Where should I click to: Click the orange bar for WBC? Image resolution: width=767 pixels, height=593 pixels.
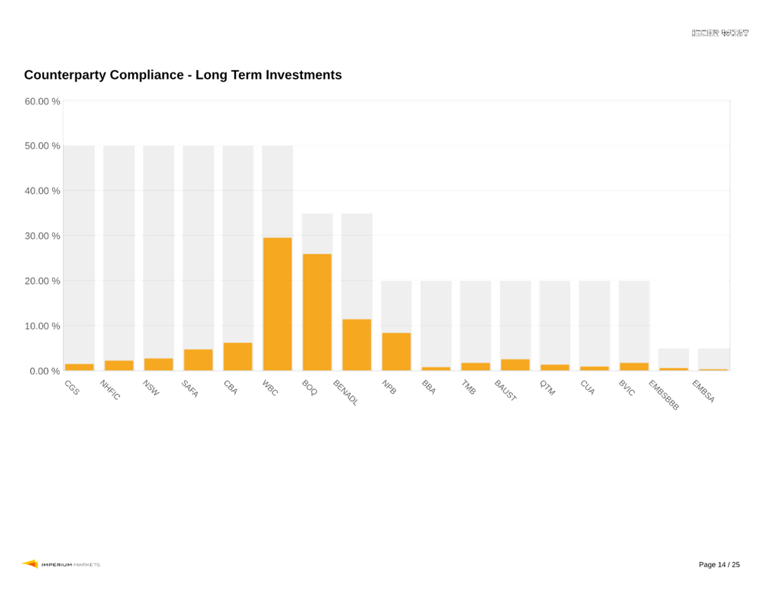[x=277, y=304]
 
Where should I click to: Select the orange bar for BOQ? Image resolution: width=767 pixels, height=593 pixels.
[x=317, y=312]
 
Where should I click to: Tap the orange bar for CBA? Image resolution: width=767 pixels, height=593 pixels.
[x=237, y=356]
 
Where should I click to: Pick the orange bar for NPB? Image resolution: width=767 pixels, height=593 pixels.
[x=396, y=351]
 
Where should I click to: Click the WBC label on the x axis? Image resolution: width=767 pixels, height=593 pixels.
[x=270, y=388]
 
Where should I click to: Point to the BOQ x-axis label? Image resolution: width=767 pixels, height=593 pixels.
[x=310, y=388]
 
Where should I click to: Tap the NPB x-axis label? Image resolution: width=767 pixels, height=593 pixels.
[x=389, y=387]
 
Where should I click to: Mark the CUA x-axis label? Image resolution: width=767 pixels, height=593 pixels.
[x=587, y=387]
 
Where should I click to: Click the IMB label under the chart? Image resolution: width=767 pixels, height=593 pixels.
[x=468, y=387]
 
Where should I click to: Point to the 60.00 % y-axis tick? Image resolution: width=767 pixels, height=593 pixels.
[x=42, y=101]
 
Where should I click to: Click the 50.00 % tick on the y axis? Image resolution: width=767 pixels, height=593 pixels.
[x=42, y=146]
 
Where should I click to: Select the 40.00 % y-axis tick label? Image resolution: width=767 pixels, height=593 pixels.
[x=42, y=191]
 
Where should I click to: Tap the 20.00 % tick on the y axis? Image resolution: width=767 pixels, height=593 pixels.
[x=42, y=281]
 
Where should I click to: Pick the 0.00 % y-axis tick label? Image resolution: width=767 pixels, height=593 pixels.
[x=44, y=371]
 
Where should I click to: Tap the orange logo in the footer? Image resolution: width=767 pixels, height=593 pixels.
[x=29, y=564]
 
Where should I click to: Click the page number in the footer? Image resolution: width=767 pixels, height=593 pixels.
[x=719, y=565]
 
